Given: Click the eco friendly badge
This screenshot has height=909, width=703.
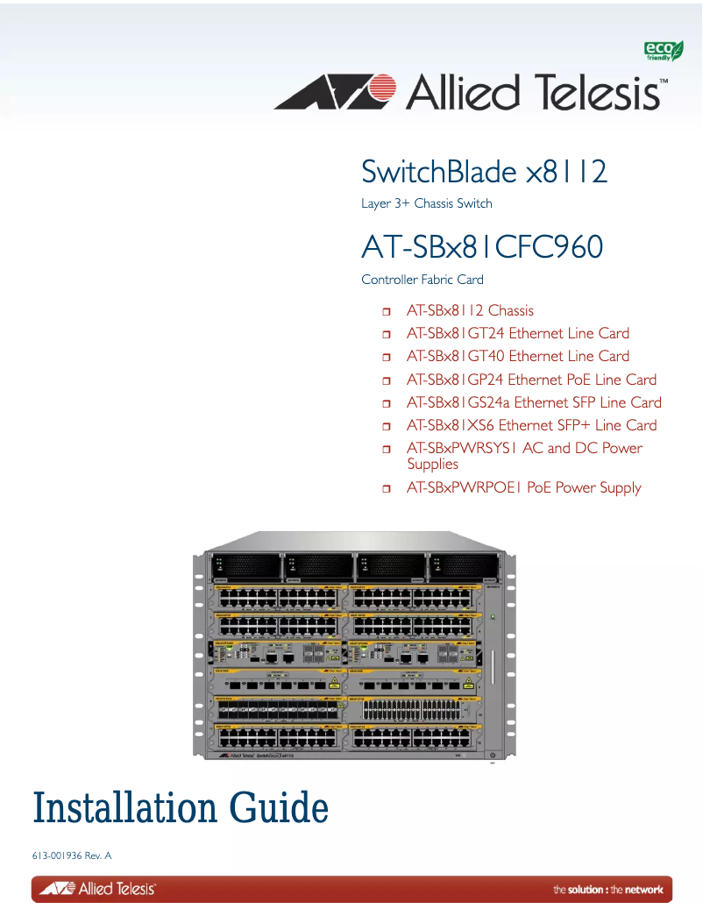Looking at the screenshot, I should coord(664,51).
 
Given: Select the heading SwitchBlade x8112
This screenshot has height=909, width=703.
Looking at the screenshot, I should coord(484,172).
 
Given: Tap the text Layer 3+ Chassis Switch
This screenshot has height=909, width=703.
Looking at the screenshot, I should coord(427,203).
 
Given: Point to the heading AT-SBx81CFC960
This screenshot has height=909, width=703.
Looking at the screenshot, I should coord(482,247).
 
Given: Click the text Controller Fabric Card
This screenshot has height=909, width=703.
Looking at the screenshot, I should coord(423,280).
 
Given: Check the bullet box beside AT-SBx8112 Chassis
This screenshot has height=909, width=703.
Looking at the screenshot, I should coord(387,311).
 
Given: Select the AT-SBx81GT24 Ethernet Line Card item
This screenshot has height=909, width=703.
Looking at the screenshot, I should coord(517,333).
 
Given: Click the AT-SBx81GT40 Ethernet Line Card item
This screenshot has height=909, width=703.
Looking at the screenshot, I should coord(517,356).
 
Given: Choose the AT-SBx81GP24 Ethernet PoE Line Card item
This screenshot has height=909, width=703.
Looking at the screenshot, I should coord(531,380).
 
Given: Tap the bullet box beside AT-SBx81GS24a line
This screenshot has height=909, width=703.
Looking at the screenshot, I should coord(387,403).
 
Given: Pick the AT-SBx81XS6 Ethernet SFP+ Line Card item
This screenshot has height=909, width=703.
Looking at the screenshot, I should coord(531,425).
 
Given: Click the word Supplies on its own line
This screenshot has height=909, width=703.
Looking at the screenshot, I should coord(432,464).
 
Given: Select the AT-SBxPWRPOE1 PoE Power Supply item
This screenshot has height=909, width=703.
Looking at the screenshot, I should coord(523,487).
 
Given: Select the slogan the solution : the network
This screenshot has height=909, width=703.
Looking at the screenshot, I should coord(607,890).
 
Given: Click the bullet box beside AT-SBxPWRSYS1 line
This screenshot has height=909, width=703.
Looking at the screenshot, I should coord(387,449).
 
